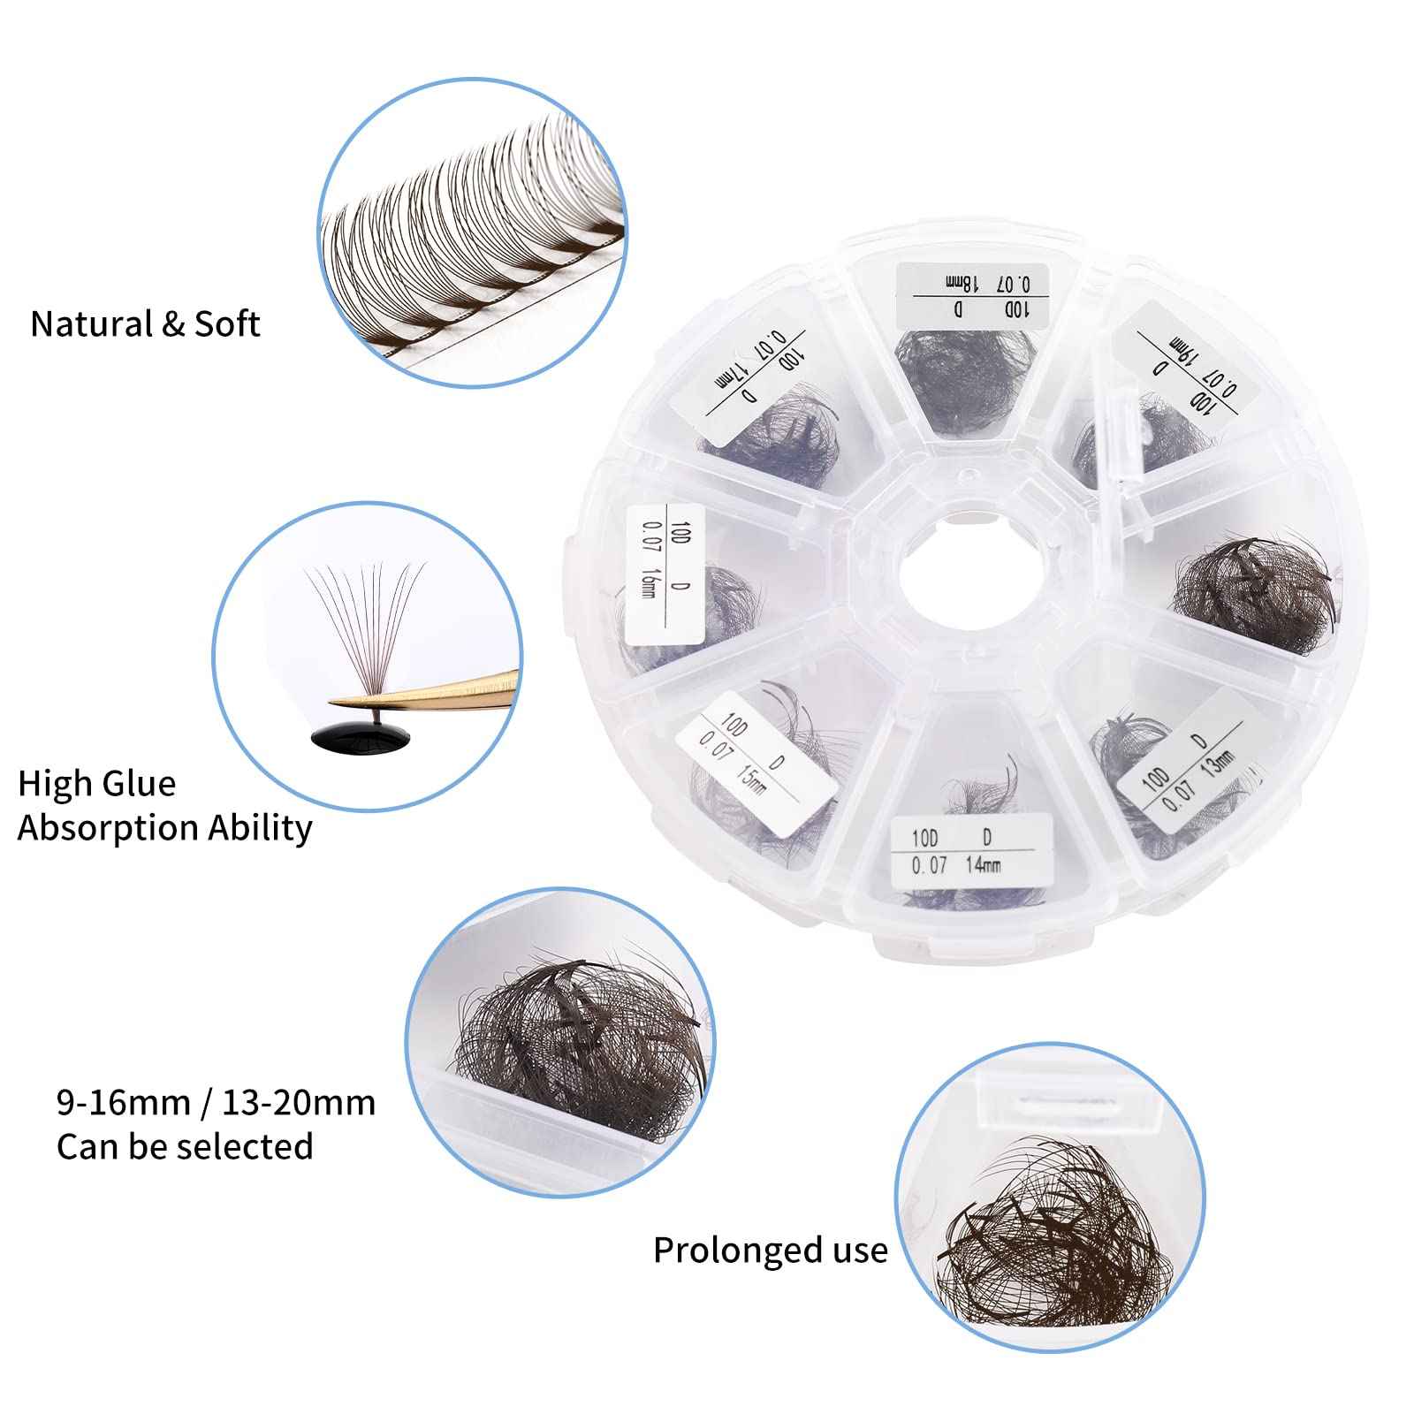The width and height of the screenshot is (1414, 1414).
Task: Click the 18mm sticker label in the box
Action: point(971,294)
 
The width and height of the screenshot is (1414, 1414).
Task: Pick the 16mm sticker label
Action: point(665,573)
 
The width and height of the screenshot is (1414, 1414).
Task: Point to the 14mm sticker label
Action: point(969,849)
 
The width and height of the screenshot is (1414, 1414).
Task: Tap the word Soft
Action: point(227,324)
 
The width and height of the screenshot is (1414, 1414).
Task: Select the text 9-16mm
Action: point(124,1103)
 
